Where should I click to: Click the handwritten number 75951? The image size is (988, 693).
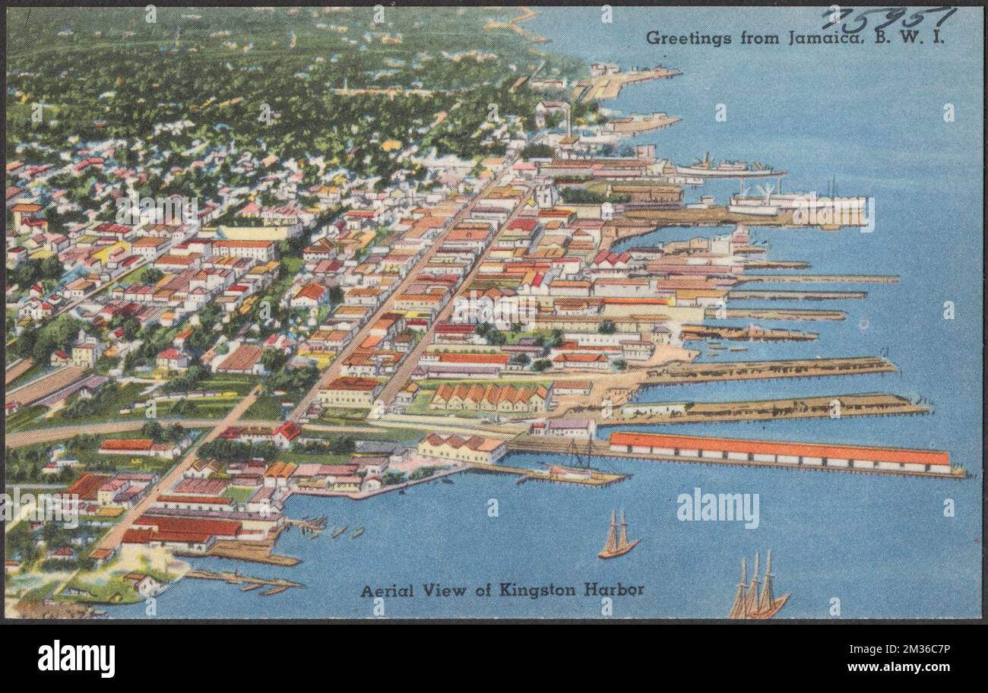point(888,19)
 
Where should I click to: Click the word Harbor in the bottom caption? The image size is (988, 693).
point(615,590)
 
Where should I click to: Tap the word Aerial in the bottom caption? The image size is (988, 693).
point(388,590)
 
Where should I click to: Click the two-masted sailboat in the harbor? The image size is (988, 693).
point(618,536)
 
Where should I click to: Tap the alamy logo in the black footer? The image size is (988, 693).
point(76,658)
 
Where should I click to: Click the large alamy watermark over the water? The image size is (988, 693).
point(717,508)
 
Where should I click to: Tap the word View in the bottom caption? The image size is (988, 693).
point(448,590)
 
